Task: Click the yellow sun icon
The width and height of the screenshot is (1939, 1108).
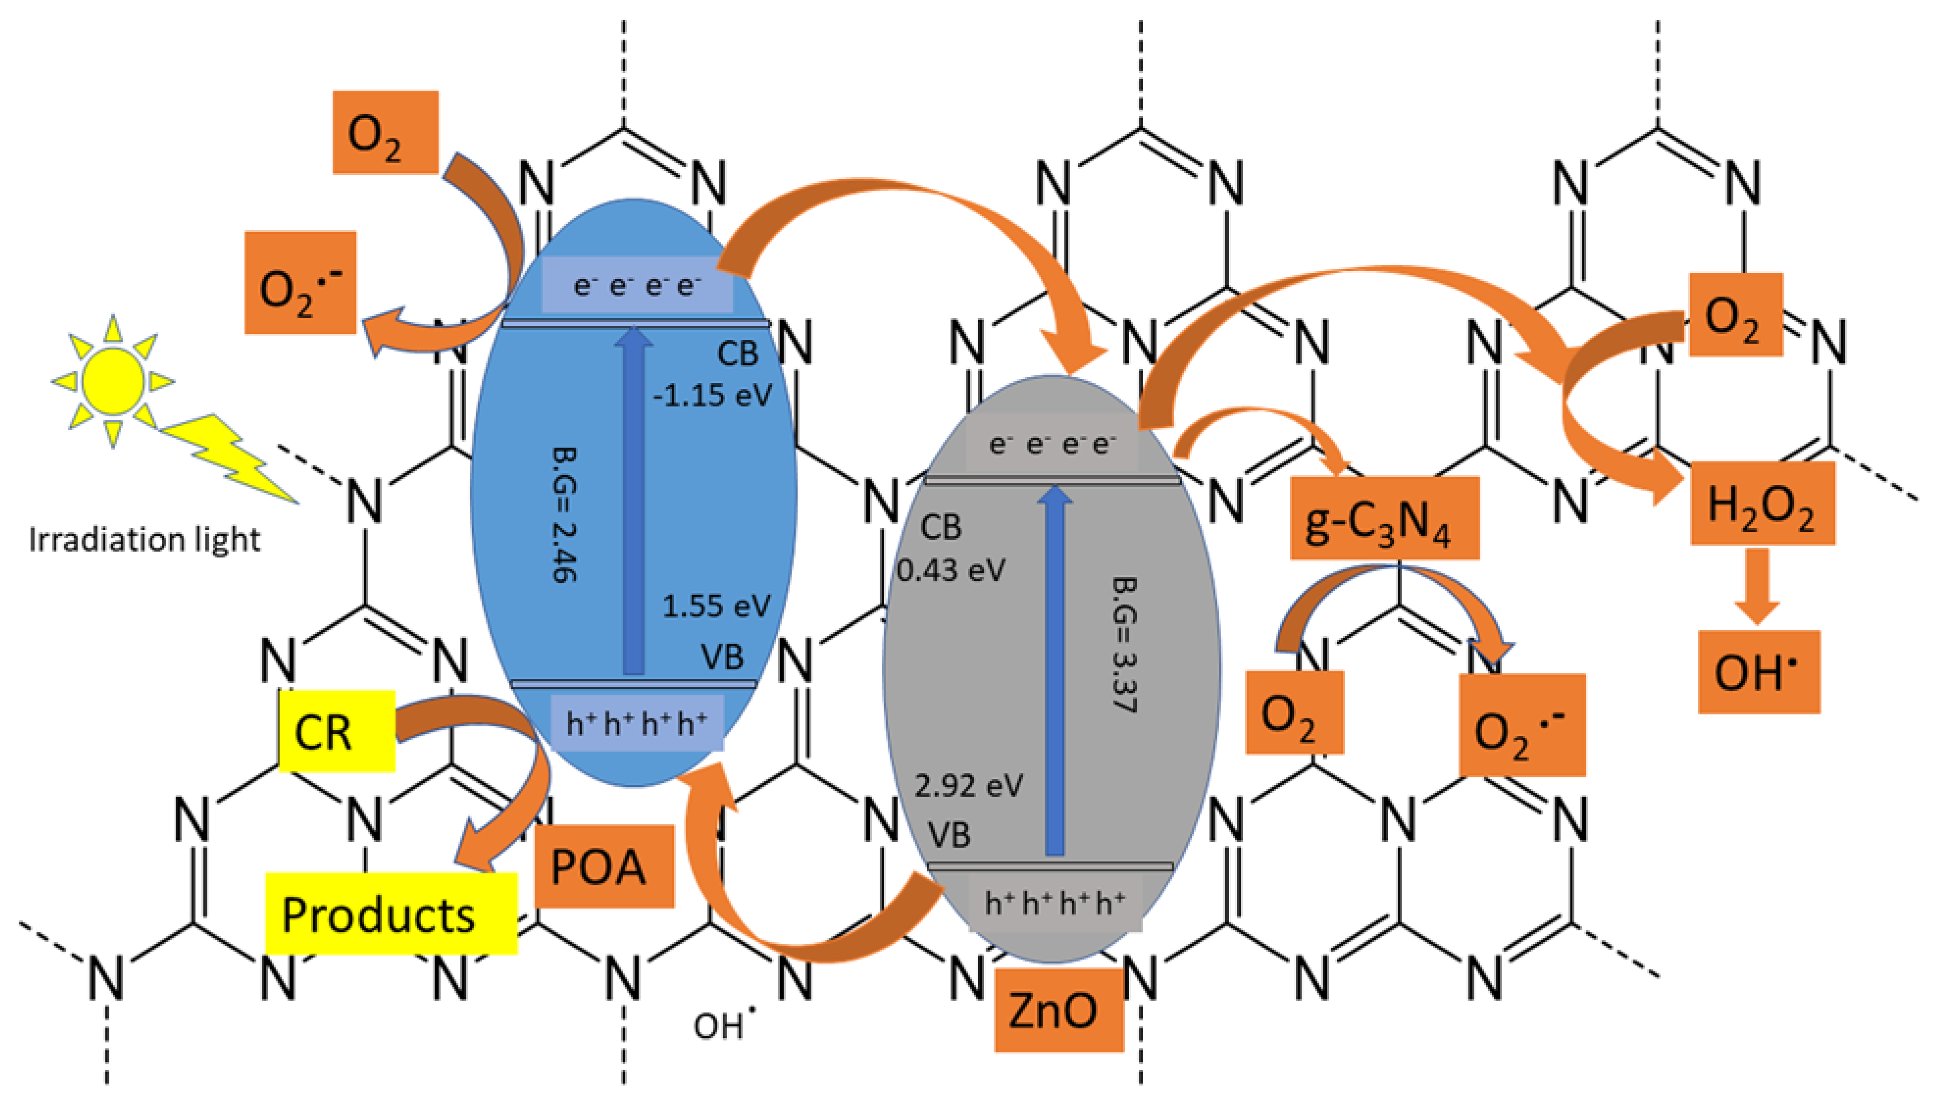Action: pyautogui.click(x=113, y=380)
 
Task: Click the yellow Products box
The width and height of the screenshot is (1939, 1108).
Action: pyautogui.click(x=390, y=913)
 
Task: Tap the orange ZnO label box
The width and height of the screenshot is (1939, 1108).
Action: pyautogui.click(x=1058, y=1010)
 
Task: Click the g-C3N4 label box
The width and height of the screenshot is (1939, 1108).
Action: pyautogui.click(x=1384, y=518)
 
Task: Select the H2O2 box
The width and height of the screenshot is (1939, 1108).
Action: pyautogui.click(x=1762, y=503)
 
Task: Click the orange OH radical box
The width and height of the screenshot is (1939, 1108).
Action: pyautogui.click(x=1759, y=672)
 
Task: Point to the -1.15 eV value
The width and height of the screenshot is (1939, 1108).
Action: pyautogui.click(x=712, y=395)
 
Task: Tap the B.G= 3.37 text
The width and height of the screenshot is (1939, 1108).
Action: pyautogui.click(x=1125, y=644)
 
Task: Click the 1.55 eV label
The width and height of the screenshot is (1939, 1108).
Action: pyautogui.click(x=715, y=606)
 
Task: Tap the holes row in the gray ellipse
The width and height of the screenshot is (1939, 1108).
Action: pyautogui.click(x=1054, y=903)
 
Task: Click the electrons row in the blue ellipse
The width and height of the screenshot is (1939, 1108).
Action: pyautogui.click(x=636, y=285)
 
